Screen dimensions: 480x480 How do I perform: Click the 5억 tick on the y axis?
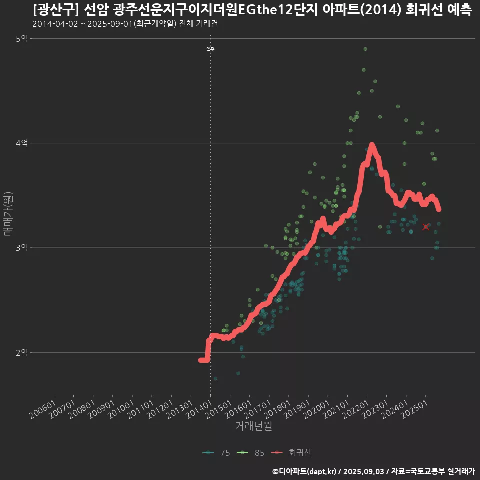(22, 39)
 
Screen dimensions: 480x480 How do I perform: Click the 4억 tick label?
(22, 143)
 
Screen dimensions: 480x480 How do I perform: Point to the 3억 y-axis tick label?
(22, 248)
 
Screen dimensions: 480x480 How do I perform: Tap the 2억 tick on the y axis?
(22, 352)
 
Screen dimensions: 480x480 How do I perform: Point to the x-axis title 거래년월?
(253, 426)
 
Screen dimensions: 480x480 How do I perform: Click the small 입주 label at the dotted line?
(210, 49)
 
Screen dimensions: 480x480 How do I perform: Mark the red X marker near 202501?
(425, 227)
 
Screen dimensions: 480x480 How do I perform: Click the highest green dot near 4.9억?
(365, 49)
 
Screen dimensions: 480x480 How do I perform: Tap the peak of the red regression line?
(371, 146)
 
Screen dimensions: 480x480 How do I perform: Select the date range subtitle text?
(125, 24)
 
